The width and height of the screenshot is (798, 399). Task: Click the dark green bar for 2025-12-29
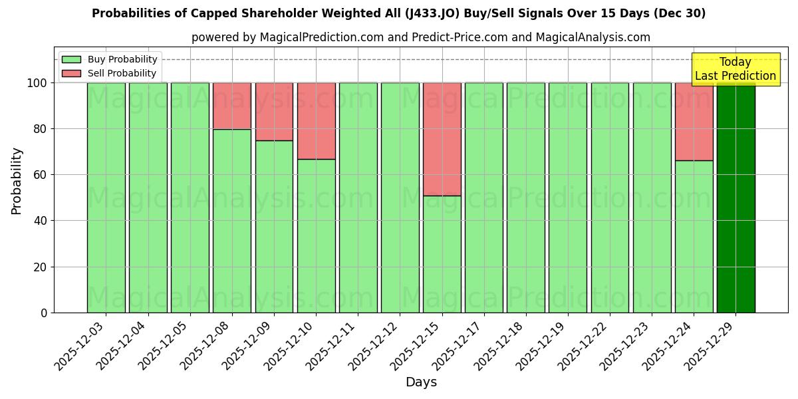coord(735,198)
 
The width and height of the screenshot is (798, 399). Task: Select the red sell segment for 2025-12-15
coord(442,139)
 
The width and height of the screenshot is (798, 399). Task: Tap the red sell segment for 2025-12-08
coord(231,106)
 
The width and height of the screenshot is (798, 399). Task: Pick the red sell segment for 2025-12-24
coord(694,121)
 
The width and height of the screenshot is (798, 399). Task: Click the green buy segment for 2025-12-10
coord(316,235)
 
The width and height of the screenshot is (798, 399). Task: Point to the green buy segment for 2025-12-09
coord(274,226)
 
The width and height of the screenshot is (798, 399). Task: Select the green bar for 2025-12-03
coord(106,198)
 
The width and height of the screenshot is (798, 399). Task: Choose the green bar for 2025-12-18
coord(525,198)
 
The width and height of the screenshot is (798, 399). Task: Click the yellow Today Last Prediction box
coord(735,69)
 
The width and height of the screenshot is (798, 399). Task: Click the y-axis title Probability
coord(17,181)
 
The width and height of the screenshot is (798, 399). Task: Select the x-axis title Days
coord(421,382)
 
